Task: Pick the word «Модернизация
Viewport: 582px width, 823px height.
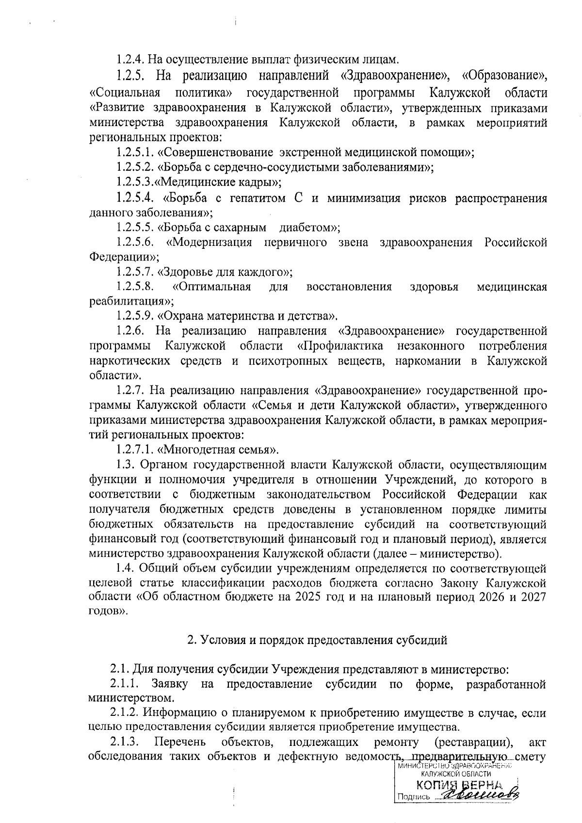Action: (x=209, y=242)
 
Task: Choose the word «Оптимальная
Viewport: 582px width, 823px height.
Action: (x=211, y=287)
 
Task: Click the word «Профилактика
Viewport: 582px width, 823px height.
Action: (x=340, y=346)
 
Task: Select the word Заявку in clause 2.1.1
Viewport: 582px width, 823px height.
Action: (x=169, y=684)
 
